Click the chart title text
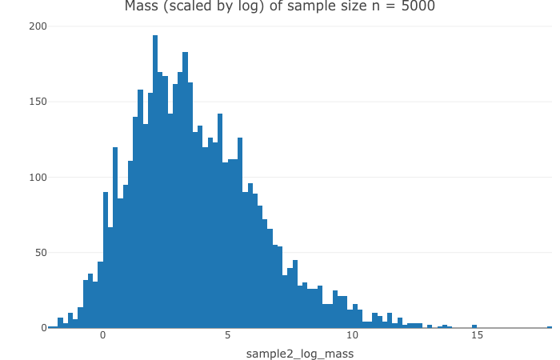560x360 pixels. coord(280,7)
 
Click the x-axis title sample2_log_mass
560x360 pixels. coord(299,353)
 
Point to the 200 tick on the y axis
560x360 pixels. coord(38,26)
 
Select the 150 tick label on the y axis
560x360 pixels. coord(38,102)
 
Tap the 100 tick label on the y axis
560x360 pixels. coord(38,177)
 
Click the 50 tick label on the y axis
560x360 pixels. coord(41,253)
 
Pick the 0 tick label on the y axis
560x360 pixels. coord(43,328)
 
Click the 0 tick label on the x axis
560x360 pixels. coord(102,335)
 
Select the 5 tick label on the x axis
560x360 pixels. coord(227,335)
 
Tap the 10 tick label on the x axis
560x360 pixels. coord(352,335)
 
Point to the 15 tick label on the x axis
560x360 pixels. coord(477,335)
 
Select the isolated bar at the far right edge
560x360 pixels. coord(550,326)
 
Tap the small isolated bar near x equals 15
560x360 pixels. coord(474,326)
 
